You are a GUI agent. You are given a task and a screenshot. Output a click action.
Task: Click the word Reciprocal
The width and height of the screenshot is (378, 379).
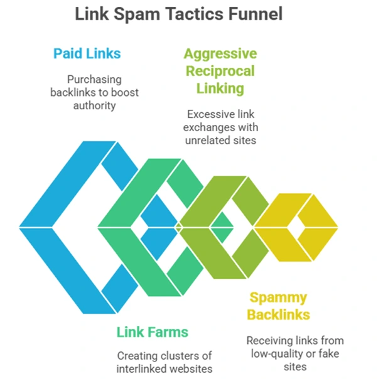point(220,71)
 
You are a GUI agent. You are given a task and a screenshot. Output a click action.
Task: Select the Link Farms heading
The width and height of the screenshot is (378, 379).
point(153,332)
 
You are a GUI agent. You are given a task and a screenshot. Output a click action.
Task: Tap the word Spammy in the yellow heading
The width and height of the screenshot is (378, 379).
point(278,297)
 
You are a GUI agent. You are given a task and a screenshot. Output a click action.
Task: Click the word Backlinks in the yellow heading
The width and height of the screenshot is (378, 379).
point(278,314)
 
